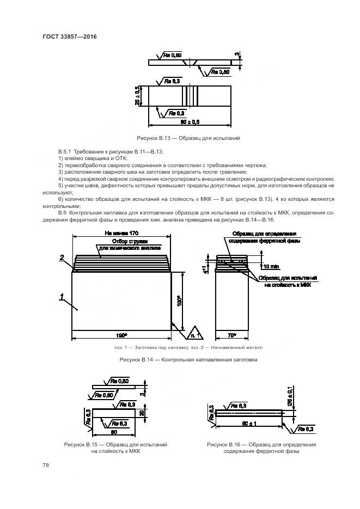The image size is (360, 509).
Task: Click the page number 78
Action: click(46, 464)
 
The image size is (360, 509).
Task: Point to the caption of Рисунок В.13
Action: click(188, 139)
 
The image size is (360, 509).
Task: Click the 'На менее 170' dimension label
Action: click(123, 233)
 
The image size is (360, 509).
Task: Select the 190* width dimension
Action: click(121, 334)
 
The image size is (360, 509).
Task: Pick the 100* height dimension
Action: click(179, 301)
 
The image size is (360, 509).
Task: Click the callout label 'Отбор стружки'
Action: click(126, 241)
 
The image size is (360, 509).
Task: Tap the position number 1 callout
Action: click(62, 296)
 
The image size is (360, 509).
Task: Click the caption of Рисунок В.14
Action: click(188, 360)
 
